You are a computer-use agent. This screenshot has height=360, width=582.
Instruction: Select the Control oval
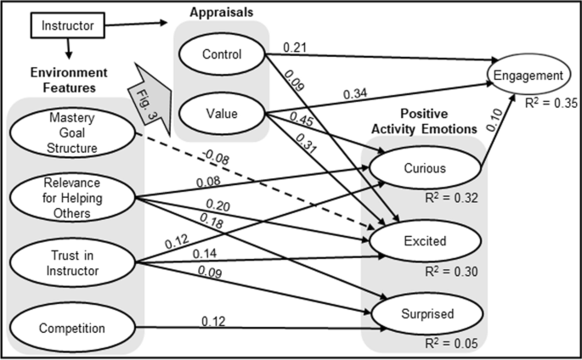pyautogui.click(x=223, y=56)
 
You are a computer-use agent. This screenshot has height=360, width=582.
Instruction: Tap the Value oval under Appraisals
pyautogui.click(x=223, y=110)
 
